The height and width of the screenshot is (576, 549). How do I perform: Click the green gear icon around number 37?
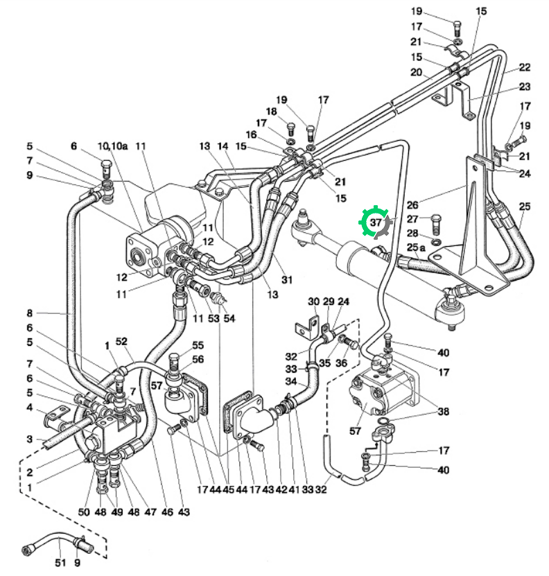[x=374, y=222]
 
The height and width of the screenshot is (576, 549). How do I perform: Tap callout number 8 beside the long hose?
[x=30, y=313]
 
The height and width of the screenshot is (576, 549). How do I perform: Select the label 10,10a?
[x=112, y=146]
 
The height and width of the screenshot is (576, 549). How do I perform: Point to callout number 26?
[x=412, y=204]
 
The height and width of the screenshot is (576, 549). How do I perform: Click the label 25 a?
[x=416, y=247]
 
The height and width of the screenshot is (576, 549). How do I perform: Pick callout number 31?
[x=287, y=280]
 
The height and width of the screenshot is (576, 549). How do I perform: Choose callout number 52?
[x=121, y=341]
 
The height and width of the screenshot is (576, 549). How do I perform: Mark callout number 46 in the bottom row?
[x=167, y=512]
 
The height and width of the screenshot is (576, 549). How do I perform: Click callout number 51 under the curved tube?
[x=60, y=562]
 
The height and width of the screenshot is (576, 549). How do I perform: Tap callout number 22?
[x=525, y=67]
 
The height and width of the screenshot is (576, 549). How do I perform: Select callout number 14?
[x=223, y=146]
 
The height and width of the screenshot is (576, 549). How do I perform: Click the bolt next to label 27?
[x=436, y=224]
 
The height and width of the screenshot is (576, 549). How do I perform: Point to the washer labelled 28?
[x=437, y=242]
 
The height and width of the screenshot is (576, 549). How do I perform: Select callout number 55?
[x=198, y=345]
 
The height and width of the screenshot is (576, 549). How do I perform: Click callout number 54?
[x=229, y=318]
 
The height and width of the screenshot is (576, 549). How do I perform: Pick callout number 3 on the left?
[x=30, y=439]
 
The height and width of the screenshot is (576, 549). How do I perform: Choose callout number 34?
[x=291, y=381]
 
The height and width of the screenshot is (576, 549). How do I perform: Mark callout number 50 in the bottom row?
[x=84, y=512]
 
